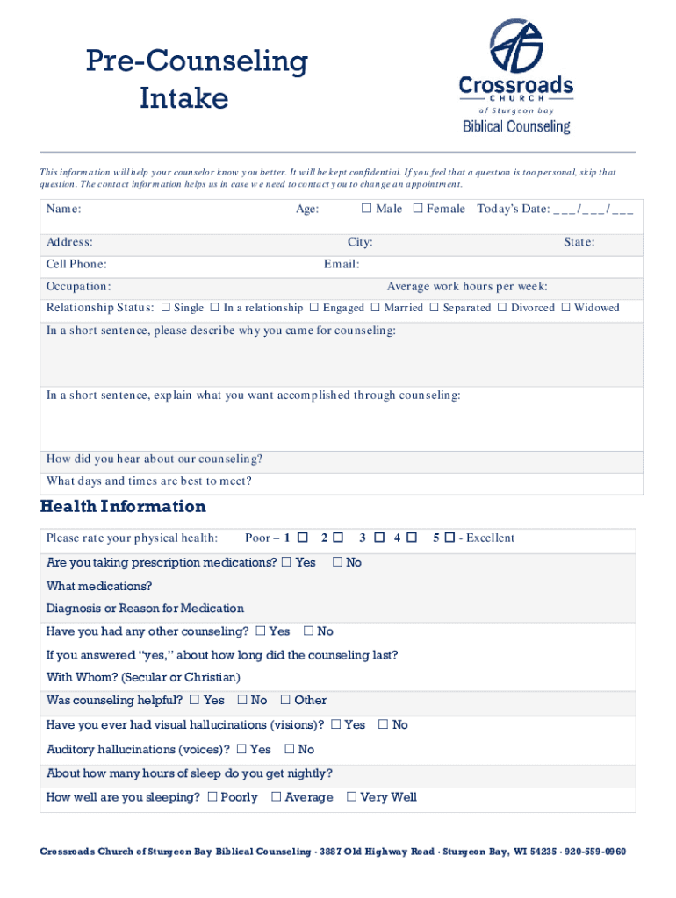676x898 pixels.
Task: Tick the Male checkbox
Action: (368, 209)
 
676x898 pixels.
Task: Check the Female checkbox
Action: (418, 209)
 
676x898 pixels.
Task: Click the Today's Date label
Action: (514, 209)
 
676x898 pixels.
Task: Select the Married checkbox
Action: (375, 308)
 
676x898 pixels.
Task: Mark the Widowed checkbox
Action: (565, 308)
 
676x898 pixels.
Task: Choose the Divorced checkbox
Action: (502, 308)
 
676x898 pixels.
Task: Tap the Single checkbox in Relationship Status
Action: (165, 308)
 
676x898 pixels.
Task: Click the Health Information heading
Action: (123, 507)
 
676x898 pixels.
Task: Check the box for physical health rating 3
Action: (378, 538)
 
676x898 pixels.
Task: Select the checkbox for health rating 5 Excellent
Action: (449, 538)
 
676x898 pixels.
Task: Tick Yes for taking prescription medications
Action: (286, 562)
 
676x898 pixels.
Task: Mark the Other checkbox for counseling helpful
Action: (285, 700)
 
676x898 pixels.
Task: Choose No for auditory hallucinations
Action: (289, 750)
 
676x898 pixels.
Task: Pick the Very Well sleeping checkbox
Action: (351, 797)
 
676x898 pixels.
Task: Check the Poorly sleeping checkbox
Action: (212, 797)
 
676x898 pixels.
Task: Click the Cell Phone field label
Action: (76, 264)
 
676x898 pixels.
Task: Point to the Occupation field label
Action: (78, 286)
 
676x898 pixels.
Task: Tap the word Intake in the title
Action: (183, 98)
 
